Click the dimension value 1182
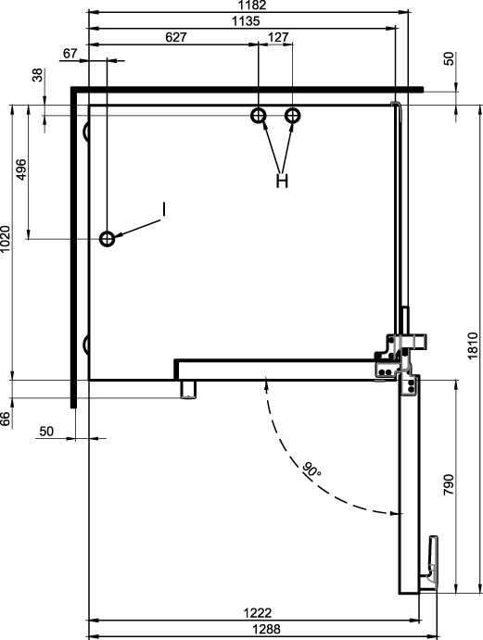254,5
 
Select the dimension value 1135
246,20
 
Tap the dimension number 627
176,37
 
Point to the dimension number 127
278,37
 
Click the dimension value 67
70,54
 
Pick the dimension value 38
37,75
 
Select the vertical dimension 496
20,169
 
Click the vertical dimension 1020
6,239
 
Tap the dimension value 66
5,419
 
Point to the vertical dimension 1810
473,345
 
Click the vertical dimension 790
449,484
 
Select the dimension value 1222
258,612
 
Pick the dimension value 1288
266,629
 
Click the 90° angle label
311,470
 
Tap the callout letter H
282,180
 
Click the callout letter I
163,209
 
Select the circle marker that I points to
107,239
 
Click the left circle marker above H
259,116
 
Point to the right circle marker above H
293,116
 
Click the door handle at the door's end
431,562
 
